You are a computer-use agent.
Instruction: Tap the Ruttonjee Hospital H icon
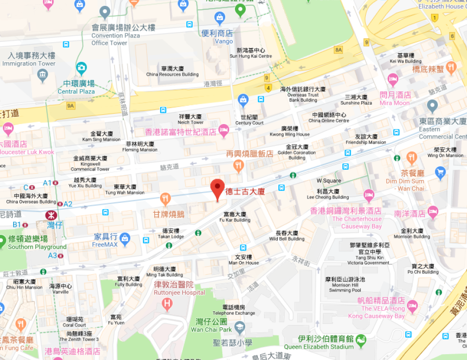point(167,304)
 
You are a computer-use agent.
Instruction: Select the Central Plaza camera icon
point(81,69)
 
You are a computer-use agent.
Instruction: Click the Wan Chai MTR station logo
point(50,215)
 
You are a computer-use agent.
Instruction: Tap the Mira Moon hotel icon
point(393,79)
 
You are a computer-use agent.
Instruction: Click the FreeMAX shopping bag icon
point(125,238)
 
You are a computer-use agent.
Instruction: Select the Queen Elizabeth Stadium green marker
point(360,339)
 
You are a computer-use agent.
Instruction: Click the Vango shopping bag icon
point(220,18)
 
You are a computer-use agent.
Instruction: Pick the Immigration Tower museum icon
point(43,75)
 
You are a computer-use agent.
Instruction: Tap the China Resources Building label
point(173,72)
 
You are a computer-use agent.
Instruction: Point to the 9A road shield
point(71,106)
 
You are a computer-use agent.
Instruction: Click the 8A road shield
point(339,50)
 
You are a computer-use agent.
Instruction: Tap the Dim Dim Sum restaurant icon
point(412,158)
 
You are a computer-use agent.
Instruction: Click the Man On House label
point(244,260)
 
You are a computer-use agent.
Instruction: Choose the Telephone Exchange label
point(233,310)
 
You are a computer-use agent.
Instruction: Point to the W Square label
point(329,180)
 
